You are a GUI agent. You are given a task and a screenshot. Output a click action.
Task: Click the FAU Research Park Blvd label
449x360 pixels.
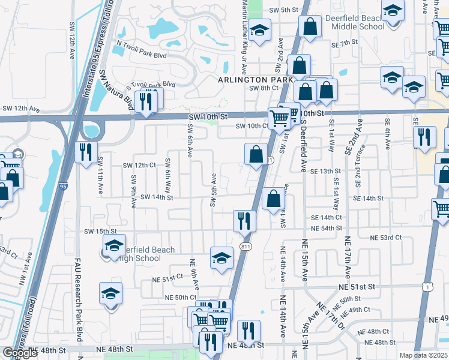tap(77, 301)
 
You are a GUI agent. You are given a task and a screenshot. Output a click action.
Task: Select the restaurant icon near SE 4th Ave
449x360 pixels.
tap(424, 137)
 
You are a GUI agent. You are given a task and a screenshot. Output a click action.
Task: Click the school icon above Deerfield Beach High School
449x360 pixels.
tap(114, 245)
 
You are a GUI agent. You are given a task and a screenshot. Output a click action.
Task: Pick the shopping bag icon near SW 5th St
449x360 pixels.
tap(310, 27)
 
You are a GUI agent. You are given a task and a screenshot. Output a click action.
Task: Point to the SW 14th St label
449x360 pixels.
tap(157, 197)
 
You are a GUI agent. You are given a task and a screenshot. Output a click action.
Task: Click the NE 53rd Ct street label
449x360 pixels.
tap(385, 238)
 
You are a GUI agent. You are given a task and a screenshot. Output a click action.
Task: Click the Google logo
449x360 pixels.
tap(20, 353)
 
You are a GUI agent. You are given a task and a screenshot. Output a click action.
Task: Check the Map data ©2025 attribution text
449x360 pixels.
tap(423, 355)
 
